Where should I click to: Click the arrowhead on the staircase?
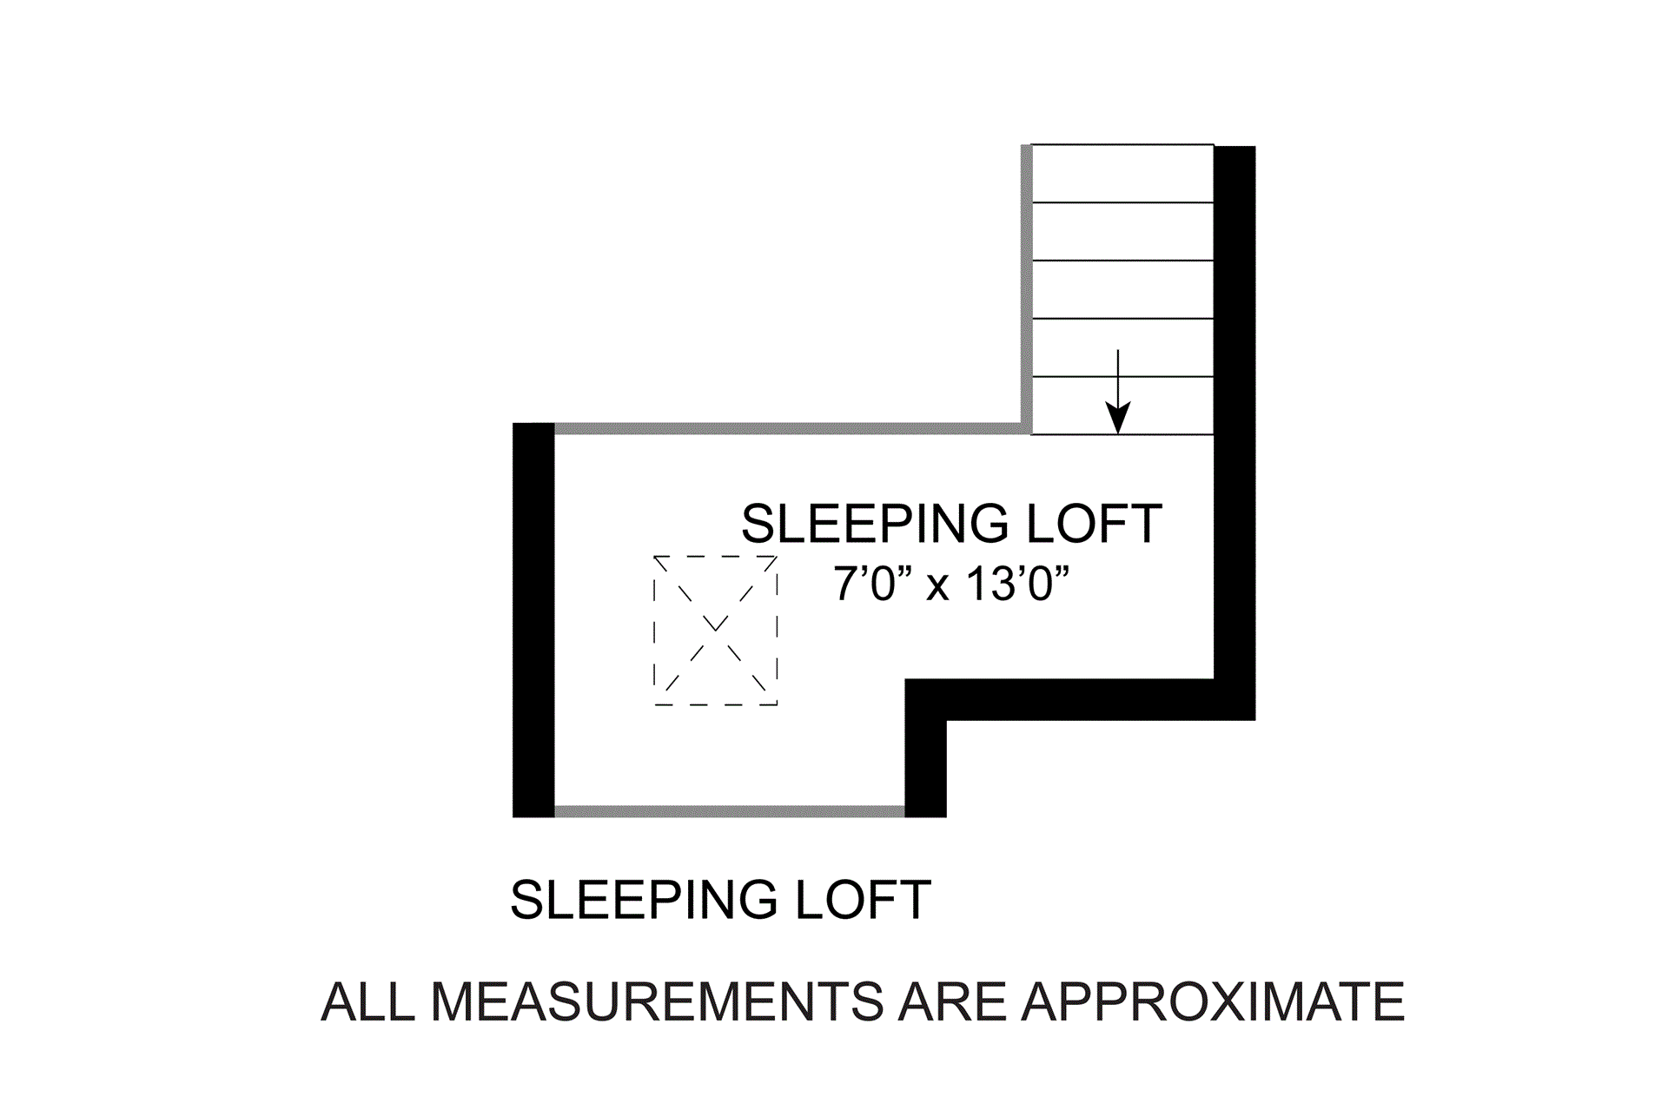(1118, 419)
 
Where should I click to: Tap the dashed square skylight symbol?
(715, 631)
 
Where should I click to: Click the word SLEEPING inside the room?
(875, 524)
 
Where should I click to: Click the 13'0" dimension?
(1016, 584)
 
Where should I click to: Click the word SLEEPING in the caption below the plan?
(644, 900)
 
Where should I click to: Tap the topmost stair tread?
(1122, 174)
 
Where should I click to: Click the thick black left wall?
(533, 620)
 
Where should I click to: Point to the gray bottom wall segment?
(730, 811)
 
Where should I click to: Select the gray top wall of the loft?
(787, 428)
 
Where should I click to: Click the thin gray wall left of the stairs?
(1026, 287)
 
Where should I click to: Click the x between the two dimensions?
(937, 587)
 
